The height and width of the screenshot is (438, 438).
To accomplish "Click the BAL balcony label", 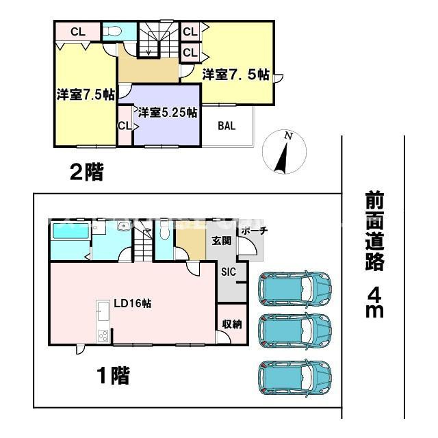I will coord(227,126).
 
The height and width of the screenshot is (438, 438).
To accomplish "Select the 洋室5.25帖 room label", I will coord(168,112).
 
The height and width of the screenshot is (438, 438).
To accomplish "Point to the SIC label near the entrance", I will coord(228,271).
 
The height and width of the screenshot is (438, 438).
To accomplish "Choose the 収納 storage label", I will coord(231,324).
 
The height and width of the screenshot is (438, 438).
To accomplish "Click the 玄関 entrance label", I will coord(221,240).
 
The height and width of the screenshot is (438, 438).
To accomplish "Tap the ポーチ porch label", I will coord(253,231).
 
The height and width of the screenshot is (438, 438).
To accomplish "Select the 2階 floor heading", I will coord(87,172).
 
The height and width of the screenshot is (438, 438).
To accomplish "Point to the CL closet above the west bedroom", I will coord(77,31).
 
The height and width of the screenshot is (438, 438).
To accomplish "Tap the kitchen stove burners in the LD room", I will coord(103,336).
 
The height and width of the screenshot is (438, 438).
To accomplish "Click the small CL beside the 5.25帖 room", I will coord(125,126).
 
